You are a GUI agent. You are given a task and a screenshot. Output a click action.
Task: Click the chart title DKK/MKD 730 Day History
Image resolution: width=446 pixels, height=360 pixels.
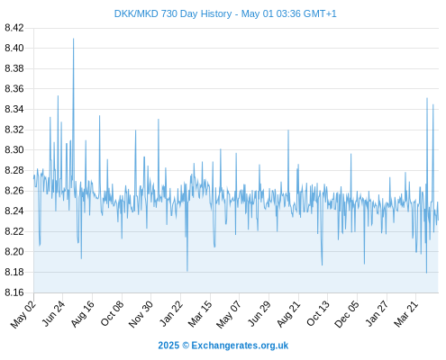173,14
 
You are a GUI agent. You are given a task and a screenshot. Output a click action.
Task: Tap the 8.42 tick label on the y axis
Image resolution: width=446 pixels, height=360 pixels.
14,28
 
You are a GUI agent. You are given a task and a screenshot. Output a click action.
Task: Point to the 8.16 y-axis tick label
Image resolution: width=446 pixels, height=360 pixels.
14,292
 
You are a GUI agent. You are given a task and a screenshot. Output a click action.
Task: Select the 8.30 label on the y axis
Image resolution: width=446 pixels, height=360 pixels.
14,149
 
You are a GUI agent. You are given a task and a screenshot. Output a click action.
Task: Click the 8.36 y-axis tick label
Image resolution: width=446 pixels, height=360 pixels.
14,89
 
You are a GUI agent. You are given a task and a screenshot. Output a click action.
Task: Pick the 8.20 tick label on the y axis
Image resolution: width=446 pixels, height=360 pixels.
14,251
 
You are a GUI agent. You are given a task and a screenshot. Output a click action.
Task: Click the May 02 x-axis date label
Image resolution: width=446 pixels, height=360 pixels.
23,314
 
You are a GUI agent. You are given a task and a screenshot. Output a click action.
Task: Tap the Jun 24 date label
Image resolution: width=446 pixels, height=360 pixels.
53,313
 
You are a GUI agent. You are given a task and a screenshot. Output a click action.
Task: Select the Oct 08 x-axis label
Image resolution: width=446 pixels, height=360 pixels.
112,313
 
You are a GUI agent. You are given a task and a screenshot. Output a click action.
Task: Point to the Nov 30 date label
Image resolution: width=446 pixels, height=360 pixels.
141,314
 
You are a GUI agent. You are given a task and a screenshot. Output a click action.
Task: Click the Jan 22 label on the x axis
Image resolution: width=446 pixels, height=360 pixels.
171,313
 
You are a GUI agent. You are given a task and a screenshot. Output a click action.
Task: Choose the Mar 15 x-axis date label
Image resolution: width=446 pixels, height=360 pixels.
200,314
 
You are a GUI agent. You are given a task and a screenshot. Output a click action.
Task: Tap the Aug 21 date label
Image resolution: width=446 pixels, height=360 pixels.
288,314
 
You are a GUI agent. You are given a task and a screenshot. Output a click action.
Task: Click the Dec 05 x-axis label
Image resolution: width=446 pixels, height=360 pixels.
347,314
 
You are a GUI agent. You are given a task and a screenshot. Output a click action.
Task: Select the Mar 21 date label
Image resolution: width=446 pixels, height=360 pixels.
406,314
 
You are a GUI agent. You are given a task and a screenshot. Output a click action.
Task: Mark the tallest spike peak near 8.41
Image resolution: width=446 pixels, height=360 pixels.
73,39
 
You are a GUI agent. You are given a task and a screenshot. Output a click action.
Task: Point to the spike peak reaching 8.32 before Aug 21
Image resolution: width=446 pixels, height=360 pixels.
288,130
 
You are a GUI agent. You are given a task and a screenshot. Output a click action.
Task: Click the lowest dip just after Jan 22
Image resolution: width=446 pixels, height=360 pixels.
187,271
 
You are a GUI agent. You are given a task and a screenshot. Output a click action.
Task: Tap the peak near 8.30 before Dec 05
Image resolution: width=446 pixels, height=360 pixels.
350,154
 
